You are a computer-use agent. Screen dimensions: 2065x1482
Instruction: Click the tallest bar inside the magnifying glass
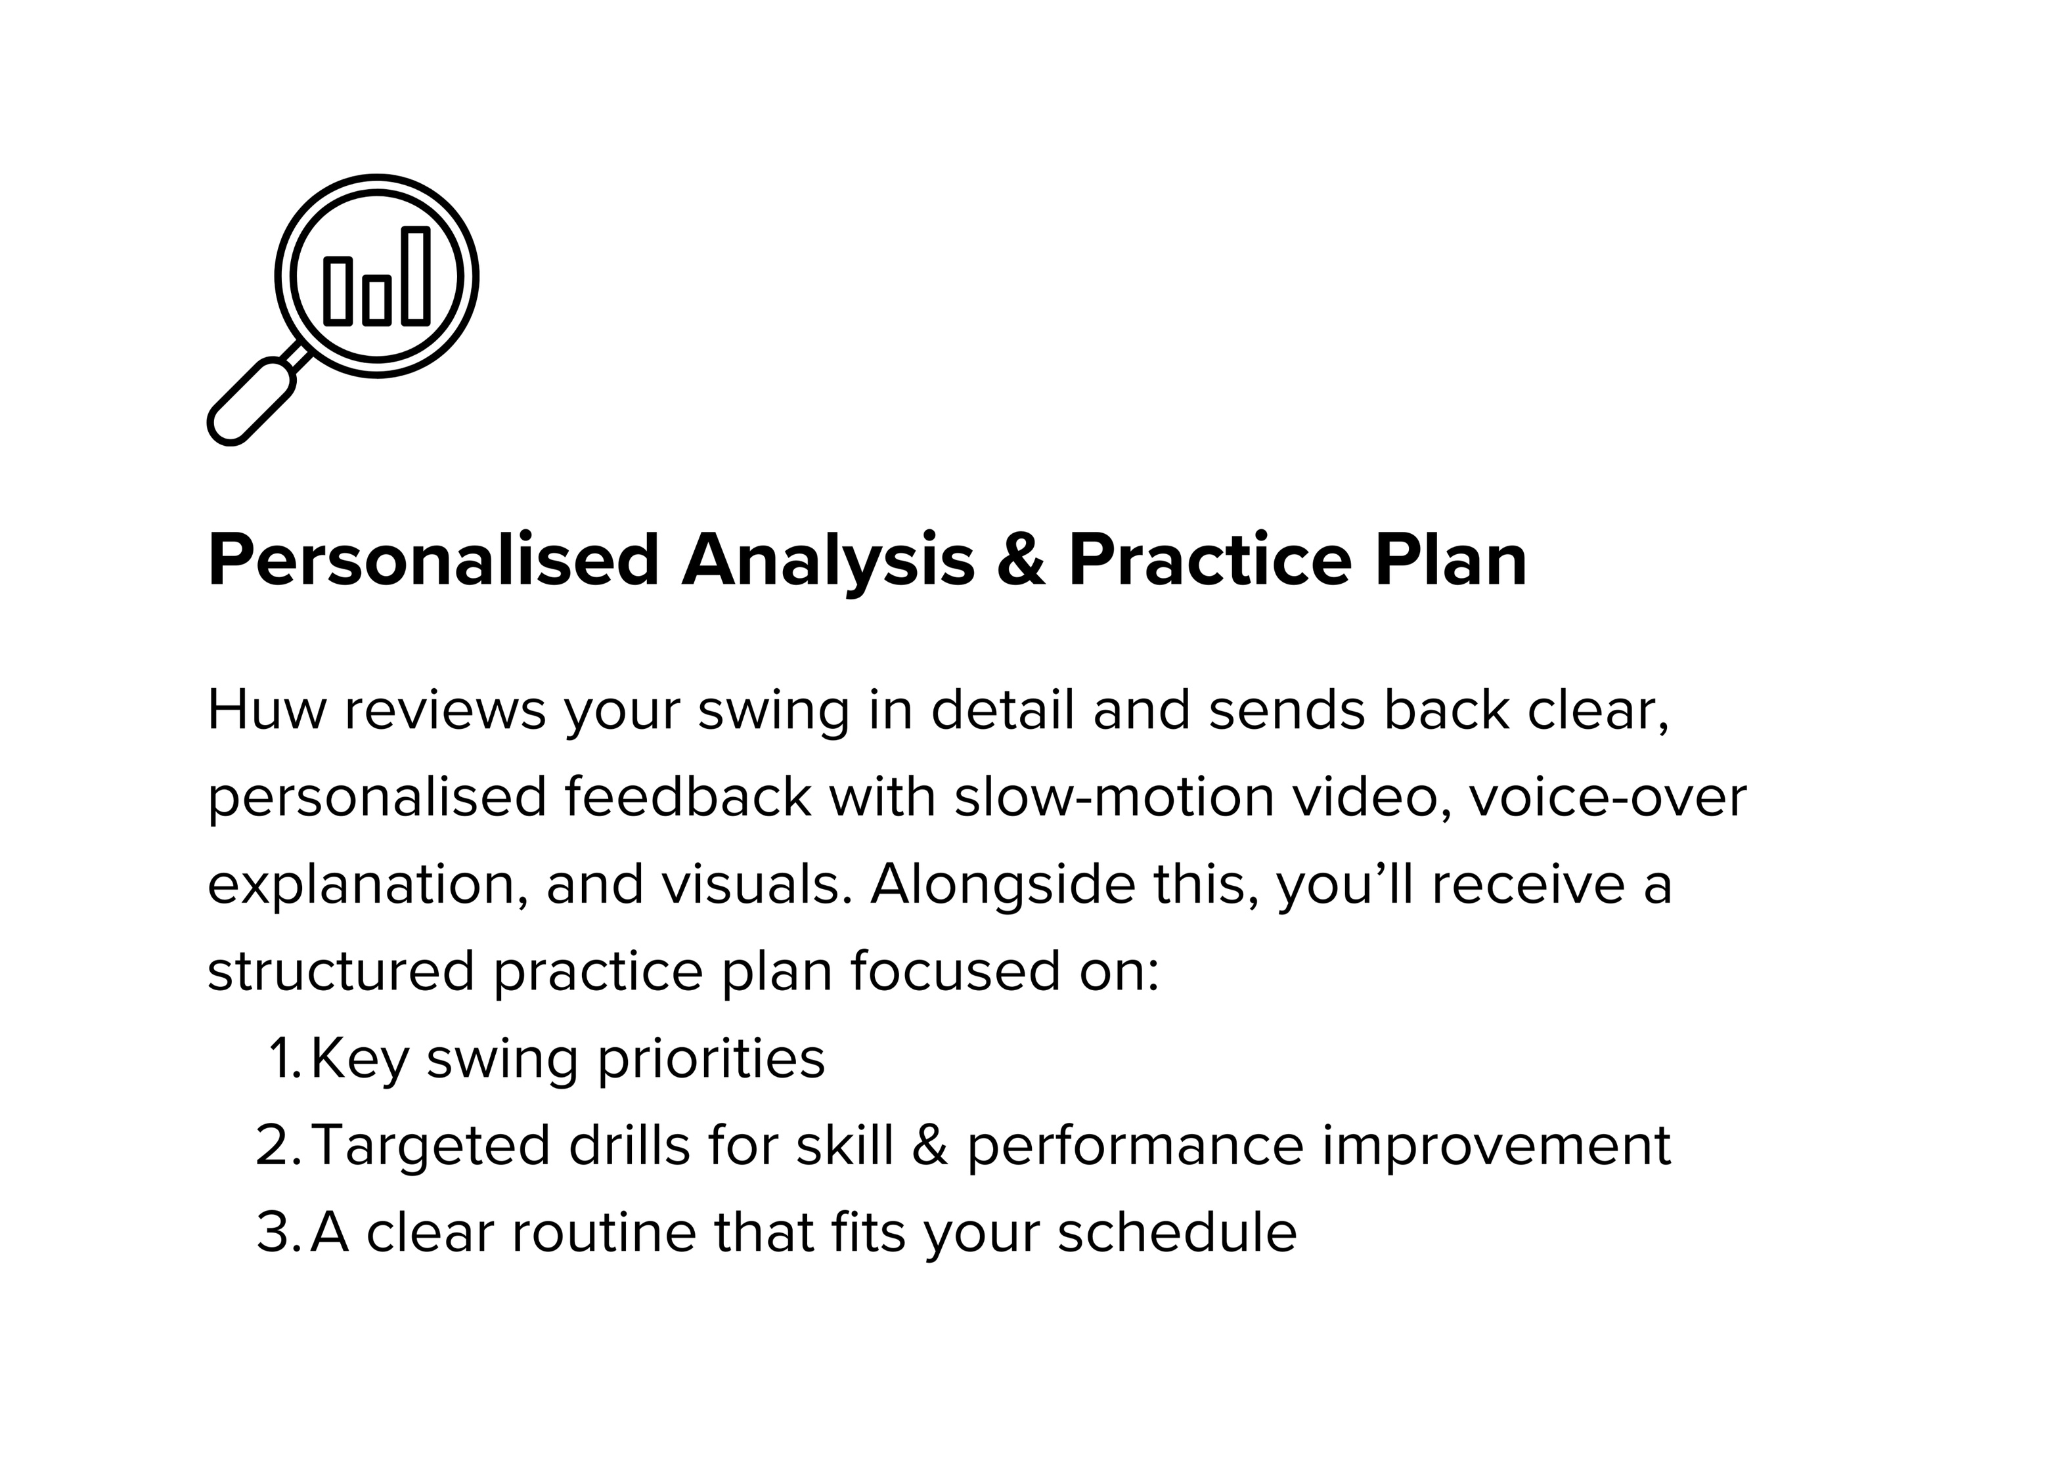(x=415, y=276)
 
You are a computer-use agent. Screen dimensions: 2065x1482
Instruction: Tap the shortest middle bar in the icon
(x=377, y=301)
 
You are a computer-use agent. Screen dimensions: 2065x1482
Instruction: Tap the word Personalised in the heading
(x=433, y=561)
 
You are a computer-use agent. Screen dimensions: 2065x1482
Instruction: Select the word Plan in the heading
(x=1450, y=560)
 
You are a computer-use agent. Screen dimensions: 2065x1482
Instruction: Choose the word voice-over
(x=1607, y=797)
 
